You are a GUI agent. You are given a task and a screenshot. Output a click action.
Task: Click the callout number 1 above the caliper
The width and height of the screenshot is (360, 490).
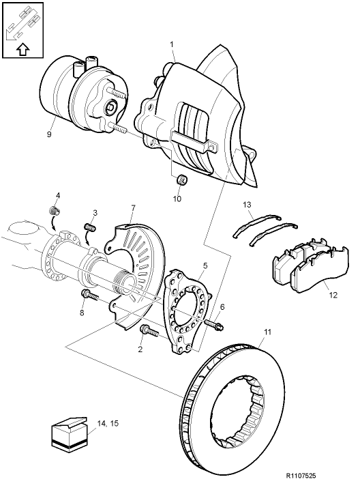pos(172,44)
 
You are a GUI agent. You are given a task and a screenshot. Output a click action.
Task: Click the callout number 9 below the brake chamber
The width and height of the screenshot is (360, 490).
pos(49,134)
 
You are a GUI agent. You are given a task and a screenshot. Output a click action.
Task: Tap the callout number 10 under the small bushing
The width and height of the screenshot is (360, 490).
pos(177,199)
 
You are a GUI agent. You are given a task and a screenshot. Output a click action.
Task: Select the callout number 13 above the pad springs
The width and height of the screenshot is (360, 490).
pos(247,204)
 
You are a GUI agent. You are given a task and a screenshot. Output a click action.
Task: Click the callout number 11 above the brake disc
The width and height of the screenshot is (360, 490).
pos(267,332)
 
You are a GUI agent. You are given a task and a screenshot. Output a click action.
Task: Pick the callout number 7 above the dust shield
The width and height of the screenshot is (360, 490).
pos(134,207)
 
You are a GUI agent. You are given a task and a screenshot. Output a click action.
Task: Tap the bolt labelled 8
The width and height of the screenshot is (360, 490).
pos(88,295)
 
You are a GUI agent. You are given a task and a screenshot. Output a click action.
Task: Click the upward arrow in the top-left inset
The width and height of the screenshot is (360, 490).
pos(22,49)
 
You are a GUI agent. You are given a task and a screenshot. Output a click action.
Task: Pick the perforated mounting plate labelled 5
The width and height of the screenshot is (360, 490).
pos(187,311)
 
